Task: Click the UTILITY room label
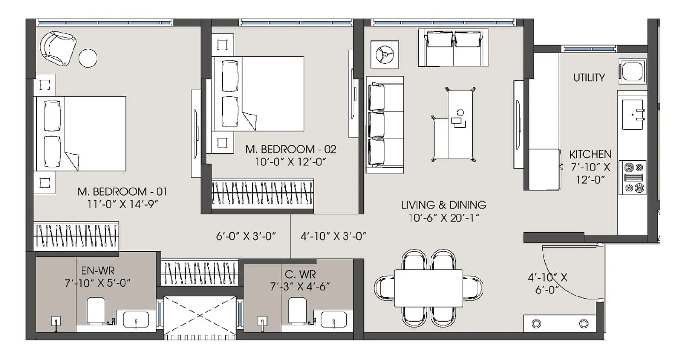[589, 78]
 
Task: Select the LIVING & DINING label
[444, 204]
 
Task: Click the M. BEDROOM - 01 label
[122, 191]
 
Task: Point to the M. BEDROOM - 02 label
[290, 150]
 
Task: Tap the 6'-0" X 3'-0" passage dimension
[246, 236]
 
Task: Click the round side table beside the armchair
[88, 59]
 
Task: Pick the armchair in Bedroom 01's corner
[58, 48]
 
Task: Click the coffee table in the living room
[454, 124]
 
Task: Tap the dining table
[428, 288]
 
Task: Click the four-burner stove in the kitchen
[632, 177]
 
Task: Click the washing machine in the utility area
[633, 71]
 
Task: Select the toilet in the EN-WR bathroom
[96, 310]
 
